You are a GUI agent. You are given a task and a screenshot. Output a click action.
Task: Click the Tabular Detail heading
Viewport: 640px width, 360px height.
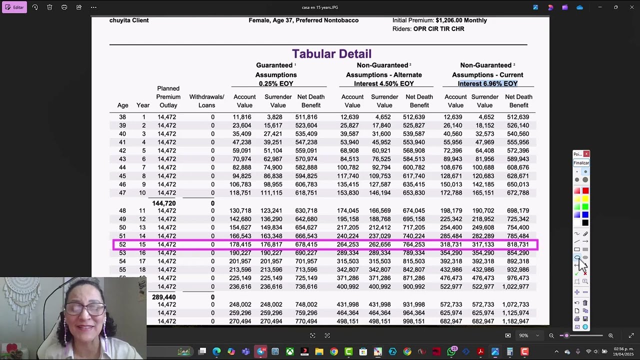click(331, 54)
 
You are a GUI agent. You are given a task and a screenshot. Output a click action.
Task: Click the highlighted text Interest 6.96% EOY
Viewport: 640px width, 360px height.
click(487, 83)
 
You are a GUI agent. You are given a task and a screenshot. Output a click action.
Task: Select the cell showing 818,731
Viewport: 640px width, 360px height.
click(517, 244)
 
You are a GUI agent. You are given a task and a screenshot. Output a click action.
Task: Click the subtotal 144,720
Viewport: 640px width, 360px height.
click(163, 203)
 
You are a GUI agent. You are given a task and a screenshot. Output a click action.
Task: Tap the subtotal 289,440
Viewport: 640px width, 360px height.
click(163, 297)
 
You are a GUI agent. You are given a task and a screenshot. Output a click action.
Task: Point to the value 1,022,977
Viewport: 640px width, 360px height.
click(515, 287)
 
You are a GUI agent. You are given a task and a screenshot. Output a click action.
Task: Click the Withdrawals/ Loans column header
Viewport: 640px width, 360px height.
click(206, 101)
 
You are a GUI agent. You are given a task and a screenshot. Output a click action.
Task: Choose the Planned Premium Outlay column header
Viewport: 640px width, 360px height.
click(168, 97)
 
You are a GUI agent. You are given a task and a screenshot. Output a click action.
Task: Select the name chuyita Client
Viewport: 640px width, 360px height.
click(129, 20)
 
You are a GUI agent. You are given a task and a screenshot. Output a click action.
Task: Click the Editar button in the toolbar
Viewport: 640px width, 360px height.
click(14, 7)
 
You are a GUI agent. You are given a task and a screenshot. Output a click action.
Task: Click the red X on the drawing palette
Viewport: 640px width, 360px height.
click(586, 154)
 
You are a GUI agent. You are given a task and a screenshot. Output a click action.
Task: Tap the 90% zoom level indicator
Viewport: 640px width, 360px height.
click(523, 335)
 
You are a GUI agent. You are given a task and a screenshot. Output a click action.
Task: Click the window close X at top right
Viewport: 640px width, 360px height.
click(631, 7)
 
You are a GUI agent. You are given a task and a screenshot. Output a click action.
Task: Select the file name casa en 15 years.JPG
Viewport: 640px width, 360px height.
click(320, 7)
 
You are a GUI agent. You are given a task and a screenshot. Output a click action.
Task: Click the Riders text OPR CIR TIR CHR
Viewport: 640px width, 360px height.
click(438, 29)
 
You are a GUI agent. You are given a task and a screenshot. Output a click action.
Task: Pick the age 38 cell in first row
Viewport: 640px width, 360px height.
click(122, 117)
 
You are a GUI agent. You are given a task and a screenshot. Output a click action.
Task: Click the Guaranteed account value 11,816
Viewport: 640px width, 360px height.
click(241, 117)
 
